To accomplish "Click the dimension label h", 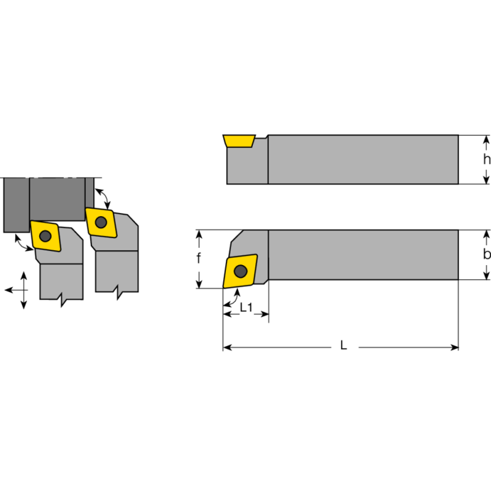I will pyautogui.click(x=487, y=159).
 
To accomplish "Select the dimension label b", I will pyautogui.click(x=487, y=255).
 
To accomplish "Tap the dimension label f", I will pyautogui.click(x=198, y=258).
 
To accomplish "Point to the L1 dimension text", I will pyautogui.click(x=246, y=307).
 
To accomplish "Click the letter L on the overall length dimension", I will pyautogui.click(x=344, y=346).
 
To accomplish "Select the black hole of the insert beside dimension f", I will pyautogui.click(x=240, y=271).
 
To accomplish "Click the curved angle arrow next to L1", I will pyautogui.click(x=232, y=298).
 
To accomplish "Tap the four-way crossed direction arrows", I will pyautogui.click(x=23, y=289).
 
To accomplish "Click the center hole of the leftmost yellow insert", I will pyautogui.click(x=45, y=235).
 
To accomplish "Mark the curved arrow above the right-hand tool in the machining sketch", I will pyautogui.click(x=104, y=195).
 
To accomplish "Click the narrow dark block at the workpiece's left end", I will pyautogui.click(x=15, y=204).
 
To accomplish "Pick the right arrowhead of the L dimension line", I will pyautogui.click(x=455, y=347).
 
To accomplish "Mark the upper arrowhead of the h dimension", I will pyautogui.click(x=487, y=141).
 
